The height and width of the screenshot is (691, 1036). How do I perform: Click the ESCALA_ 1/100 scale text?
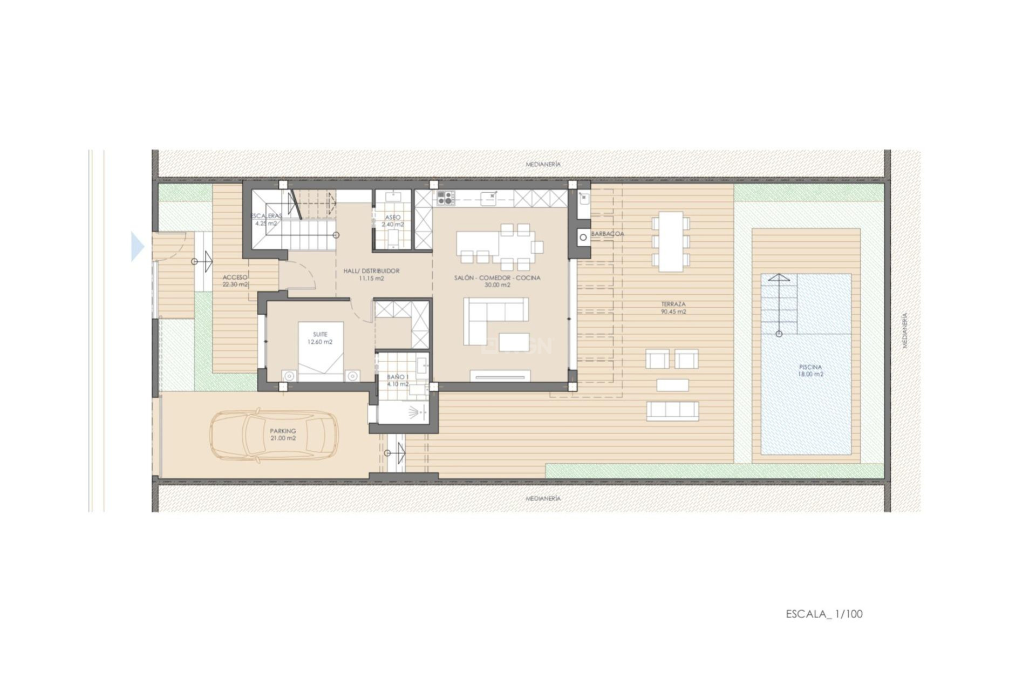(x=824, y=614)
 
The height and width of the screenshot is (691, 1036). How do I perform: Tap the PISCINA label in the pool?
(x=810, y=367)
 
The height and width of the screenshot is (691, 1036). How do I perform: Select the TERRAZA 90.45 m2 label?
(x=673, y=308)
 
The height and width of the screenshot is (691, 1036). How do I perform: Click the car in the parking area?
(x=274, y=435)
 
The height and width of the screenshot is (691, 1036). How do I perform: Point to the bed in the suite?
(x=321, y=351)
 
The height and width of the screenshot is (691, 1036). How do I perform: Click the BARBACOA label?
(x=607, y=234)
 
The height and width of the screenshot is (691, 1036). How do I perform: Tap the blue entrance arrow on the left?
(x=138, y=247)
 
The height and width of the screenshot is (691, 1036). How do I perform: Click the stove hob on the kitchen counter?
(x=445, y=198)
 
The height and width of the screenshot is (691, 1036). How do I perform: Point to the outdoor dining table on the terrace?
(x=670, y=241)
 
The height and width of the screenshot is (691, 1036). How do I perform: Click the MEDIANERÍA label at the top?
(x=543, y=164)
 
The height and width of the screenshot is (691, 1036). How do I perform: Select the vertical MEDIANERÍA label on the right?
(x=905, y=330)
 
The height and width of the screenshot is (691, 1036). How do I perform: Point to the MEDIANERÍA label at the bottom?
(x=543, y=499)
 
